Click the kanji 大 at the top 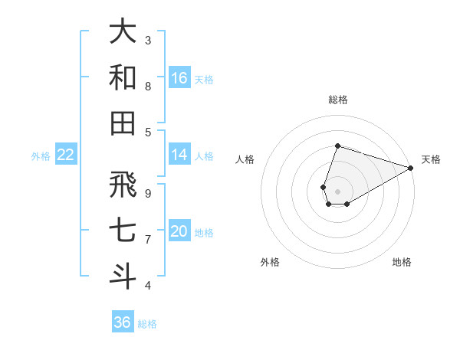click(123, 32)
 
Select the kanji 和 click(123, 77)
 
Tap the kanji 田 click(123, 123)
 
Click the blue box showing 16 click(179, 77)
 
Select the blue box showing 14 click(179, 155)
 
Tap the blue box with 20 click(179, 231)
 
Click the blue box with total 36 click(123, 322)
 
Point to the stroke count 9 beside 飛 click(148, 193)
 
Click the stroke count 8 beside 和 click(148, 87)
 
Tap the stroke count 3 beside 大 click(148, 40)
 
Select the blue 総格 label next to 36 click(147, 324)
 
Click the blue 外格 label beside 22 click(41, 156)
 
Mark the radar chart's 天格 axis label click(431, 160)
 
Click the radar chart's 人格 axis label click(245, 160)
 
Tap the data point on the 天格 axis click(410, 168)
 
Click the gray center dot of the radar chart click(337, 191)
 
